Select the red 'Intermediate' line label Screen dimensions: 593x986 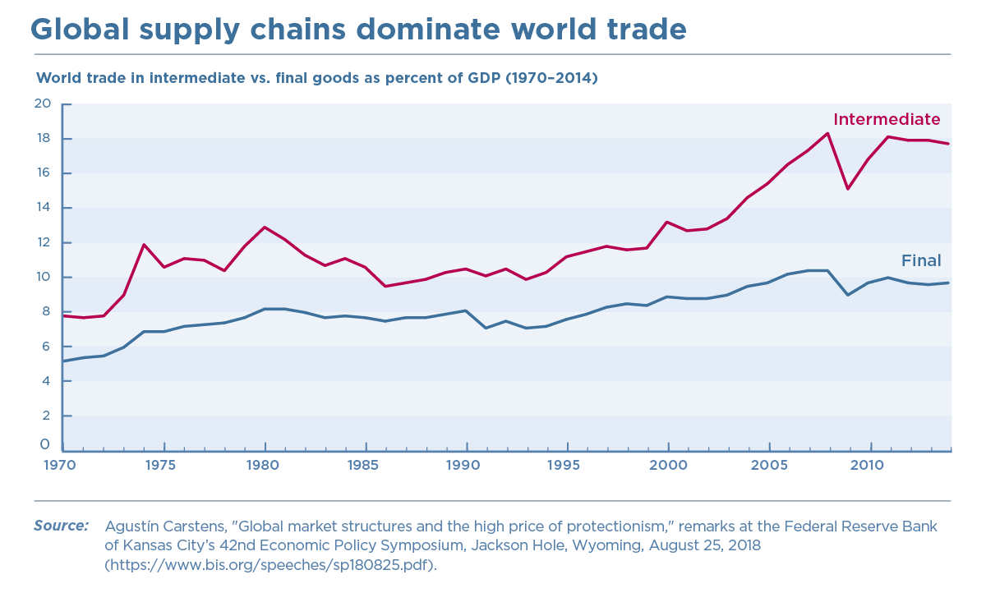click(x=887, y=119)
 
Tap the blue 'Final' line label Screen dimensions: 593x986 click(x=921, y=261)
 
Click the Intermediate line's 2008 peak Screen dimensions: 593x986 click(x=827, y=133)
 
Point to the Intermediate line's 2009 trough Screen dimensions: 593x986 click(x=848, y=189)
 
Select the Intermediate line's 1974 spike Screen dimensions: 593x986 click(x=144, y=245)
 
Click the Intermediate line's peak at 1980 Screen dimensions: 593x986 click(x=265, y=227)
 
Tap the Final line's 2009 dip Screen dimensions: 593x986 click(x=848, y=295)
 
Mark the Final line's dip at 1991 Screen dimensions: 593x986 click(x=486, y=328)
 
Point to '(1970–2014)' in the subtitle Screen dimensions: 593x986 click(x=551, y=79)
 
